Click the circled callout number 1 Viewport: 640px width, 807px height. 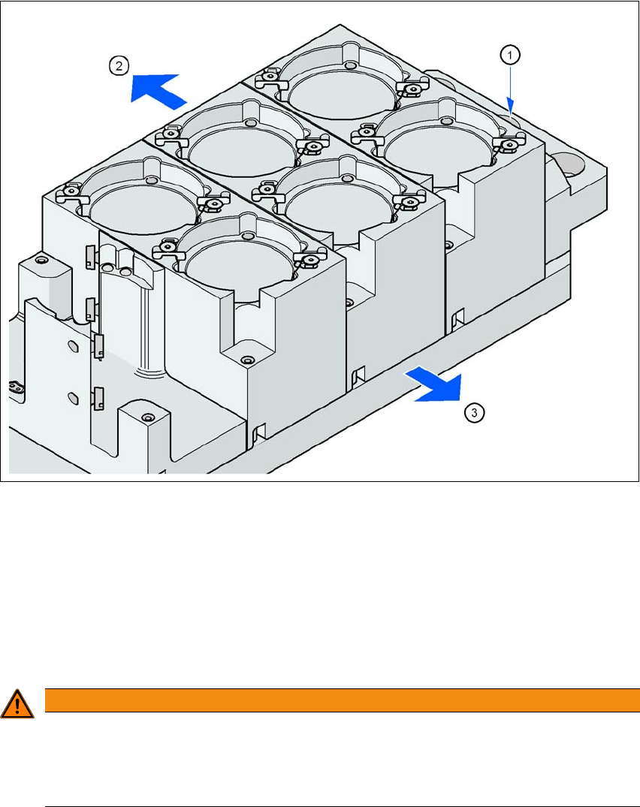click(510, 55)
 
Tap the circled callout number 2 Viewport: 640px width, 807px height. click(119, 66)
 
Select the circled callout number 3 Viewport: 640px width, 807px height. click(474, 412)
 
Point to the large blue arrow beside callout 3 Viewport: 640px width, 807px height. click(435, 384)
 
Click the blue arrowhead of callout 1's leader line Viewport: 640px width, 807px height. click(510, 106)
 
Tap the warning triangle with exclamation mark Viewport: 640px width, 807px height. click(17, 704)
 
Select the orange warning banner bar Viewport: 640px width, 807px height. click(342, 700)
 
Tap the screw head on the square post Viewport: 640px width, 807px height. click(148, 417)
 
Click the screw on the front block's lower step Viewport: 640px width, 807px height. click(248, 360)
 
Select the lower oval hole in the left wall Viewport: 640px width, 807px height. click(73, 398)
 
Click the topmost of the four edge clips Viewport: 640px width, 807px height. click(91, 256)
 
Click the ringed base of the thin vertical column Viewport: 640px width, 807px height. click(149, 372)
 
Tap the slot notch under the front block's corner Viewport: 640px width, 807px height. click(259, 433)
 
